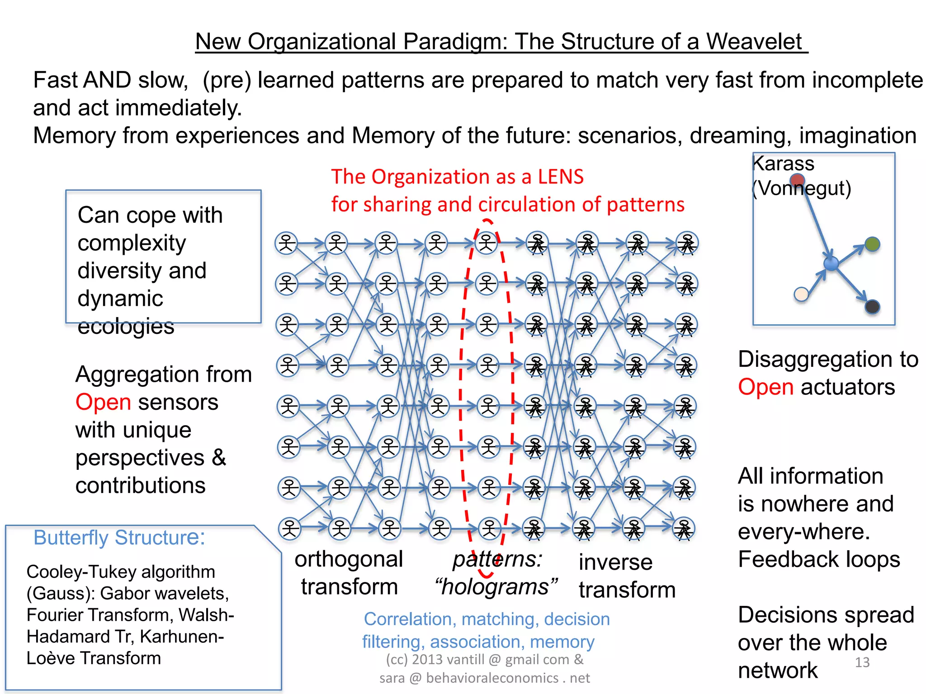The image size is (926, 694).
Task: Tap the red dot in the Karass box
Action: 797,180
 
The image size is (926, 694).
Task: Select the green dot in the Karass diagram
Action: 872,244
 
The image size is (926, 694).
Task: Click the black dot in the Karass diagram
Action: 872,307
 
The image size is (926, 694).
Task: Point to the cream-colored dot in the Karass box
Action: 801,295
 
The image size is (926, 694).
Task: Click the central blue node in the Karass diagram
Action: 831,263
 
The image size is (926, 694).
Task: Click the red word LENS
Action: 561,177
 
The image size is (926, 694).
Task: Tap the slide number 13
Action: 862,662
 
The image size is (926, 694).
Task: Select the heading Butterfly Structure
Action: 119,538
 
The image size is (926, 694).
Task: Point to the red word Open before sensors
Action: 103,402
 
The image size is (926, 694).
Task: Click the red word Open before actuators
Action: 765,387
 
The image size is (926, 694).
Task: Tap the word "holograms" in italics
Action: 496,587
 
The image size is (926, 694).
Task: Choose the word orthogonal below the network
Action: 349,559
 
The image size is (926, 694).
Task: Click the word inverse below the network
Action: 615,562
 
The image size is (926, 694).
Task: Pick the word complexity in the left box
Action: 132,243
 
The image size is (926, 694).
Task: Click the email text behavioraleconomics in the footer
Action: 492,678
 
